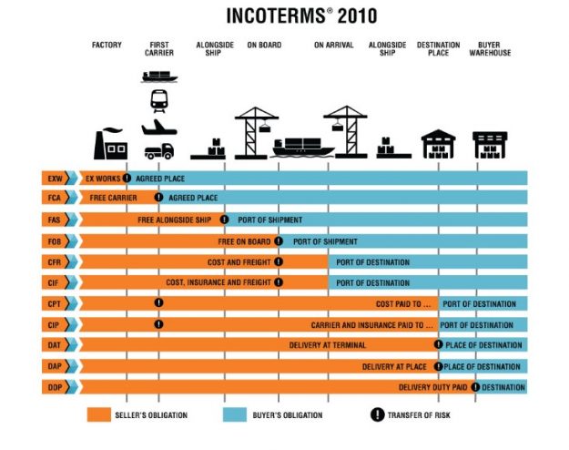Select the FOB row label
pos(54,241)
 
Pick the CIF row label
pos(54,282)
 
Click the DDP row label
pos(54,387)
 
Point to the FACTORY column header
pos(107,44)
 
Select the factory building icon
pos(111,144)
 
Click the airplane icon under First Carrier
pos(158,126)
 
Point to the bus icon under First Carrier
pos(158,98)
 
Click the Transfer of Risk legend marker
pos(377,415)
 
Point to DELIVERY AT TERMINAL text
pos(328,345)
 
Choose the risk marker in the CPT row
pos(158,303)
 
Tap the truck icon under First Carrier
pos(158,151)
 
